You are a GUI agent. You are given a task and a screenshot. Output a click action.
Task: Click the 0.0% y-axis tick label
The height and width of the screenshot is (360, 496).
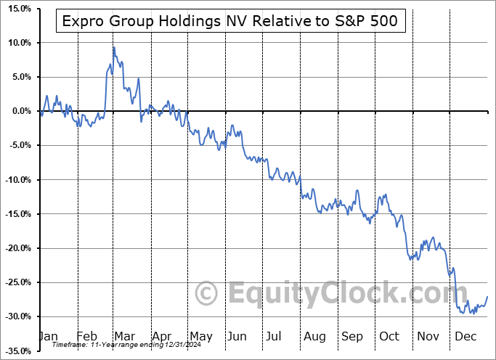point(20,111)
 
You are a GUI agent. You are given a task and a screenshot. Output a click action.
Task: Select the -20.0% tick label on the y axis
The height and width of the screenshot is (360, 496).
point(17,248)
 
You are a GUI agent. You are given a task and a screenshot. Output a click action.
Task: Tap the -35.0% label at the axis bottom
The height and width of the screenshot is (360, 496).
point(17,351)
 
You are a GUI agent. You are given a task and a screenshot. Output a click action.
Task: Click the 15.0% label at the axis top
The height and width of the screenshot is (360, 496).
point(17,9)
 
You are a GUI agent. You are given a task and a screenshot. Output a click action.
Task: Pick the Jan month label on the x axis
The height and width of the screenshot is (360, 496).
point(47,337)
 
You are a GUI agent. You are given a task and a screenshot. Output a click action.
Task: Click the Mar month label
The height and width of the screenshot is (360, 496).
point(124,337)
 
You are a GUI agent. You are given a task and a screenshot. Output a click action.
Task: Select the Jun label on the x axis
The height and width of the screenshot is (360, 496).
point(237,337)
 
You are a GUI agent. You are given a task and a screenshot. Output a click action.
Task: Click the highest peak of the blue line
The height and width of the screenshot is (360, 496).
point(114,47)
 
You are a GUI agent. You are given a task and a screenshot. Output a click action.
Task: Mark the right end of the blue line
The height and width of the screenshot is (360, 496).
point(487,296)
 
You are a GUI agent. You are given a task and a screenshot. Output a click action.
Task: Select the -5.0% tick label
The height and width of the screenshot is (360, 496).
point(18,145)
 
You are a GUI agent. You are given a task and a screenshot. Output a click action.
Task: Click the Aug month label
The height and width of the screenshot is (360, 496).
point(314,337)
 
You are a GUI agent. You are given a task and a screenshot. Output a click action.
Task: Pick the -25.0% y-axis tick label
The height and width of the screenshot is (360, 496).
point(17,282)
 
